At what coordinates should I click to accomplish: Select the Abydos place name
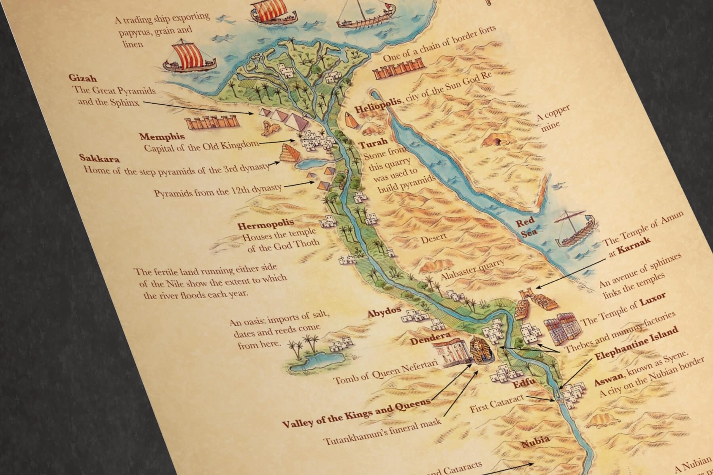384,313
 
